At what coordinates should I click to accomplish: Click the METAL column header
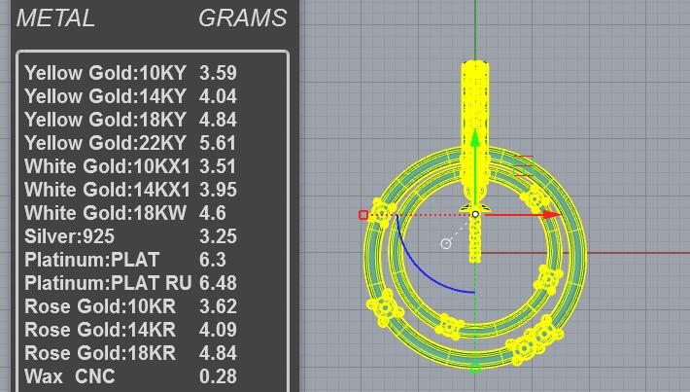pyautogui.click(x=55, y=18)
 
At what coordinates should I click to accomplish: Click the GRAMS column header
pyautogui.click(x=242, y=18)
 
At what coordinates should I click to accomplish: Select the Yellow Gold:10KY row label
pyautogui.click(x=105, y=73)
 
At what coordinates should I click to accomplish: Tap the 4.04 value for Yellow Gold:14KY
pyautogui.click(x=218, y=96)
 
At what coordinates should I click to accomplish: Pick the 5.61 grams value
pyautogui.click(x=218, y=143)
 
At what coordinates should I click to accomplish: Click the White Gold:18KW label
pyautogui.click(x=105, y=213)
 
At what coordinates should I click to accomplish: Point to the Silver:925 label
pyautogui.click(x=70, y=236)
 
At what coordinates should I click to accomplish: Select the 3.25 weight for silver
pyautogui.click(x=218, y=236)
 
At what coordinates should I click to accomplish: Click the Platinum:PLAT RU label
pyautogui.click(x=108, y=283)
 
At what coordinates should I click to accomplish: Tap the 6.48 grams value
pyautogui.click(x=218, y=283)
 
